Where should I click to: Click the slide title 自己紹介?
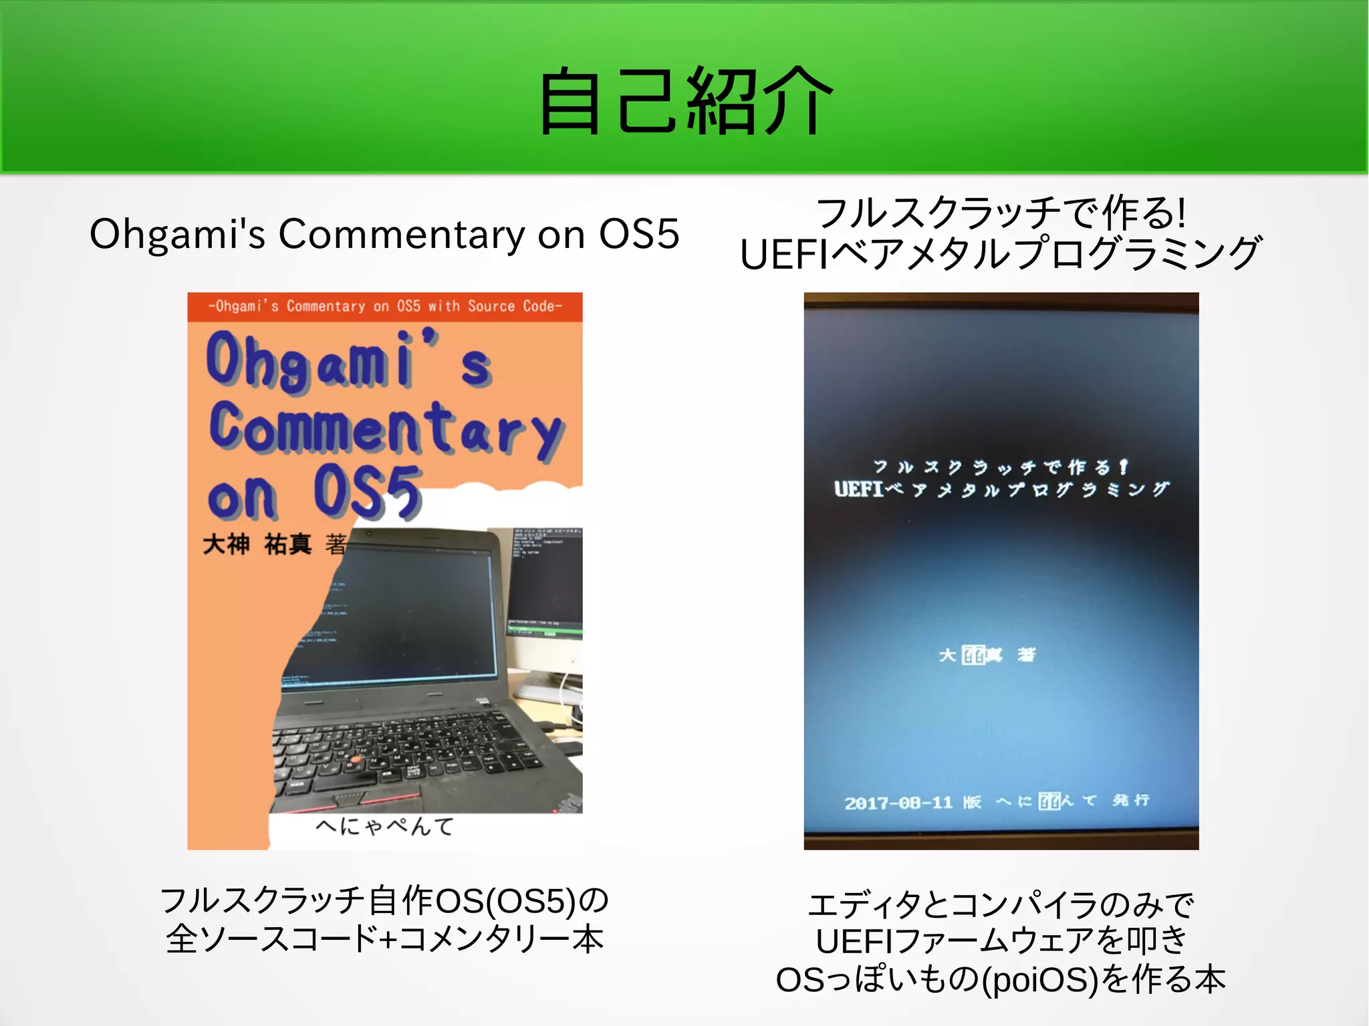click(685, 100)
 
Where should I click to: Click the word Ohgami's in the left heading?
click(177, 235)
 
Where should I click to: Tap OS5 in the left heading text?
click(638, 234)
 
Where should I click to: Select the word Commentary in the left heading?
click(401, 235)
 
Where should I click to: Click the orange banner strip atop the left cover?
click(384, 307)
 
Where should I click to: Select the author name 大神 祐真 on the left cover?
click(257, 545)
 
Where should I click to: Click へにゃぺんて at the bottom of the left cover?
click(384, 827)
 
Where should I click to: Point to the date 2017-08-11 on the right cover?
click(898, 802)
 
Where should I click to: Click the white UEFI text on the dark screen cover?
click(859, 489)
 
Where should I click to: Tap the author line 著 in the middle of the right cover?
click(1025, 654)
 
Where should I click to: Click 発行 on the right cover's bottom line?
click(1130, 800)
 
